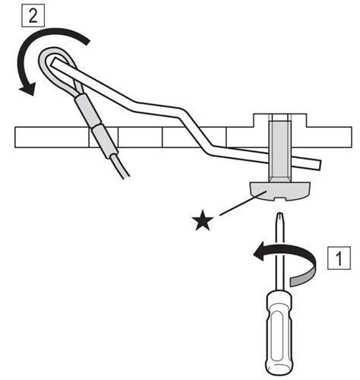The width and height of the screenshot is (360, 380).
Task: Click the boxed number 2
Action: click(33, 16)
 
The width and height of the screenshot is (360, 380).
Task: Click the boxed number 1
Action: click(339, 258)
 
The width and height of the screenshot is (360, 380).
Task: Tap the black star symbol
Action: click(202, 220)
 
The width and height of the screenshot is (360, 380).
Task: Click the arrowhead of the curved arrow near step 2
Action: click(27, 89)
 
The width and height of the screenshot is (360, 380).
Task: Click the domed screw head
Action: click(279, 191)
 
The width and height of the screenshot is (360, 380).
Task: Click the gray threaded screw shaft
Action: click(279, 151)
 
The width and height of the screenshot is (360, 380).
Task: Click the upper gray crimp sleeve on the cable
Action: click(86, 109)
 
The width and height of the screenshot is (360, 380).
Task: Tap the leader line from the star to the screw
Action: click(243, 203)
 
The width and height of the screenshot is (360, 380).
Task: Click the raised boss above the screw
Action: click(279, 119)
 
